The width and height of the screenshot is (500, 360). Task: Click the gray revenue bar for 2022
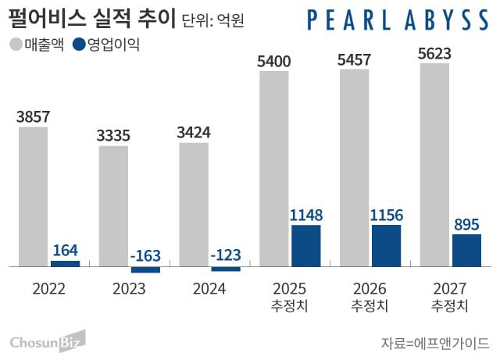pyautogui.click(x=34, y=196)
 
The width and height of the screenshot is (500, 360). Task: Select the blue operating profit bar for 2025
pyautogui.click(x=305, y=245)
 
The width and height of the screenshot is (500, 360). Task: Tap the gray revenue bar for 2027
pyautogui.click(x=434, y=164)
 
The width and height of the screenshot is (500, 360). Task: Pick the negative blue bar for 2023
pyautogui.click(x=145, y=269)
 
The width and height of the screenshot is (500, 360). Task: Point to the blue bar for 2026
pyautogui.click(x=386, y=245)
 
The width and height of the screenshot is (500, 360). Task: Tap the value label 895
pyautogui.click(x=466, y=225)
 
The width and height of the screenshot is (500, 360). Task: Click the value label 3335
pyautogui.click(x=114, y=135)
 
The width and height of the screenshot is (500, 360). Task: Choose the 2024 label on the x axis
pyautogui.click(x=209, y=289)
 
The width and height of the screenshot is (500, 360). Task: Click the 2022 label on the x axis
pyautogui.click(x=49, y=289)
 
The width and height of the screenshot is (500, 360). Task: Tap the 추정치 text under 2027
pyautogui.click(x=450, y=306)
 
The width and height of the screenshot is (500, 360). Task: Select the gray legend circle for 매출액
pyautogui.click(x=16, y=45)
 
